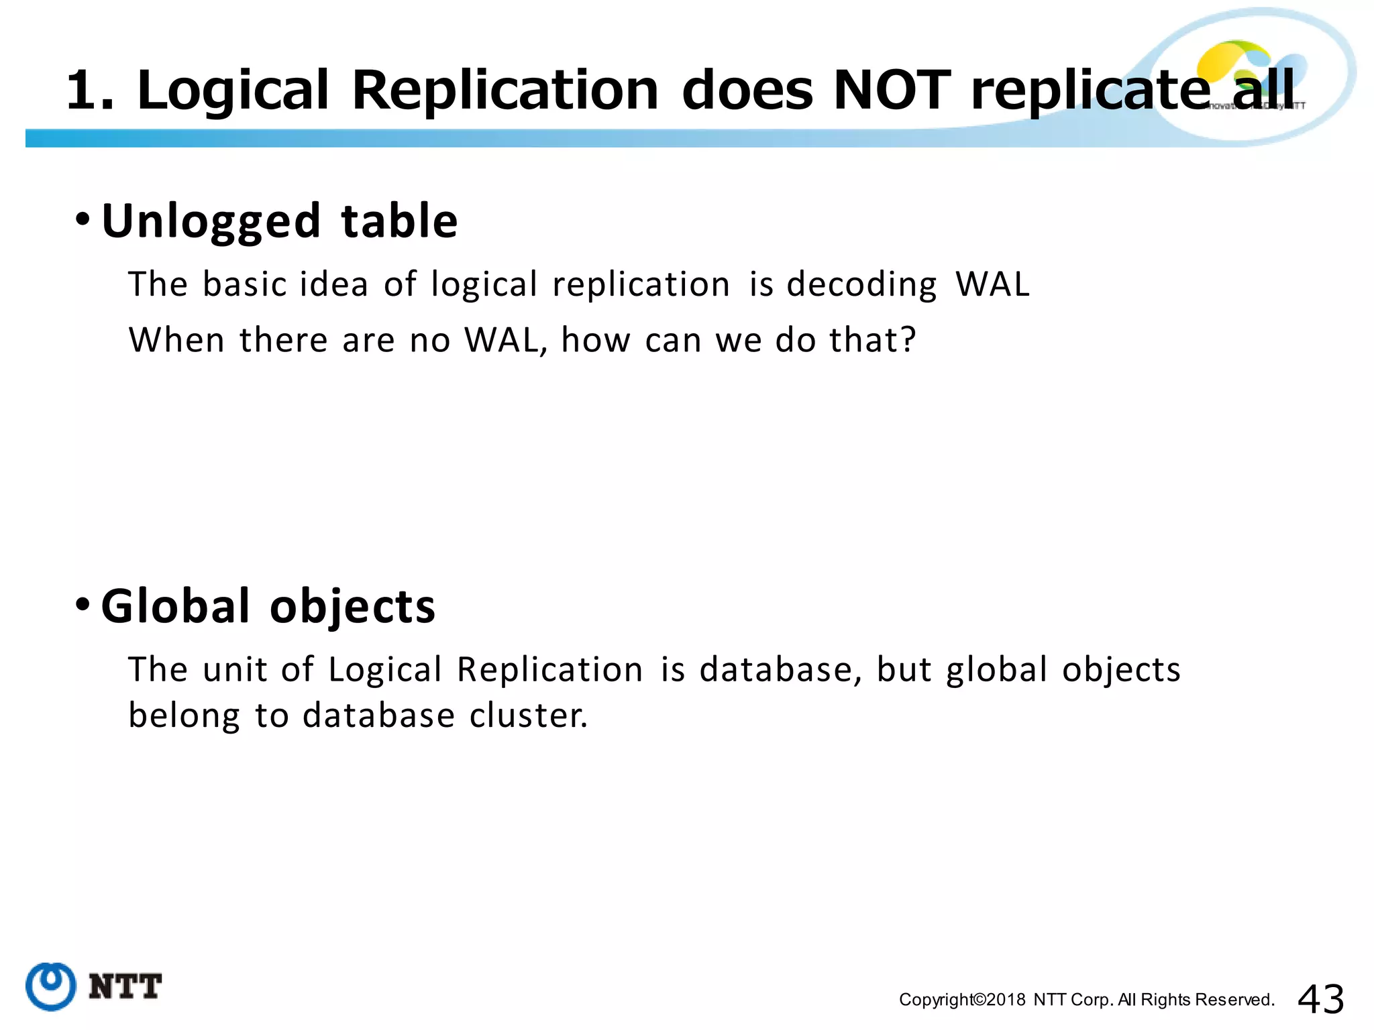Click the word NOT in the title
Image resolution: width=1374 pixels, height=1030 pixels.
pyautogui.click(x=892, y=91)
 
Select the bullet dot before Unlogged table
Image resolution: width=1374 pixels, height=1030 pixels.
pyautogui.click(x=83, y=219)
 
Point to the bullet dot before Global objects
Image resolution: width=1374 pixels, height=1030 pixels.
pyautogui.click(x=83, y=604)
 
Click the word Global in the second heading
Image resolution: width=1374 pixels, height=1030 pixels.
pyautogui.click(x=176, y=606)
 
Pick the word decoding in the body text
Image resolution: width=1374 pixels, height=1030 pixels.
pyautogui.click(x=861, y=285)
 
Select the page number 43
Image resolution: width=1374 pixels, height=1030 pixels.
pyautogui.click(x=1321, y=999)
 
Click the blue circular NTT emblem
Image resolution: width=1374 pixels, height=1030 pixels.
pyautogui.click(x=51, y=986)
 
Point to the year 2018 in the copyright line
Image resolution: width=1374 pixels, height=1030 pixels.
pyautogui.click(x=1006, y=1000)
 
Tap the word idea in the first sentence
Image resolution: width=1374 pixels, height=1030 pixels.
pyautogui.click(x=333, y=284)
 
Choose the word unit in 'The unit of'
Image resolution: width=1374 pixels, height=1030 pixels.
pyautogui.click(x=235, y=669)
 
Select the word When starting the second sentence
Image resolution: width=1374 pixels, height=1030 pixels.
pyautogui.click(x=176, y=339)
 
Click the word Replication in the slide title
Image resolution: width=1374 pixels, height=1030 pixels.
pyautogui.click(x=505, y=91)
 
